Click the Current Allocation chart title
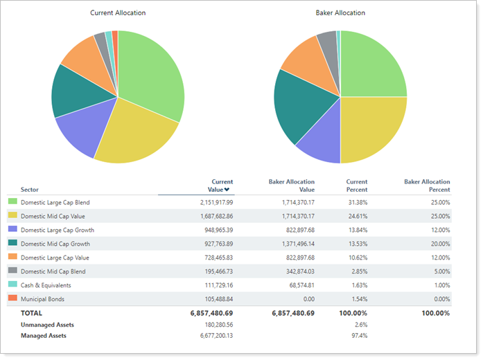(118, 13)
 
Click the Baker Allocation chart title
(340, 13)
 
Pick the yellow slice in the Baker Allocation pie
(371, 128)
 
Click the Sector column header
(30, 189)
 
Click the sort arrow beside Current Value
(226, 190)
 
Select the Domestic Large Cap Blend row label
(55, 202)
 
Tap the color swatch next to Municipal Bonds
(12, 298)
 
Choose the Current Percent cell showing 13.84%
(356, 230)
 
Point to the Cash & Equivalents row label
(46, 285)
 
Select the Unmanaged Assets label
(47, 324)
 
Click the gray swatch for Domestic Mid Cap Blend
(12, 271)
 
